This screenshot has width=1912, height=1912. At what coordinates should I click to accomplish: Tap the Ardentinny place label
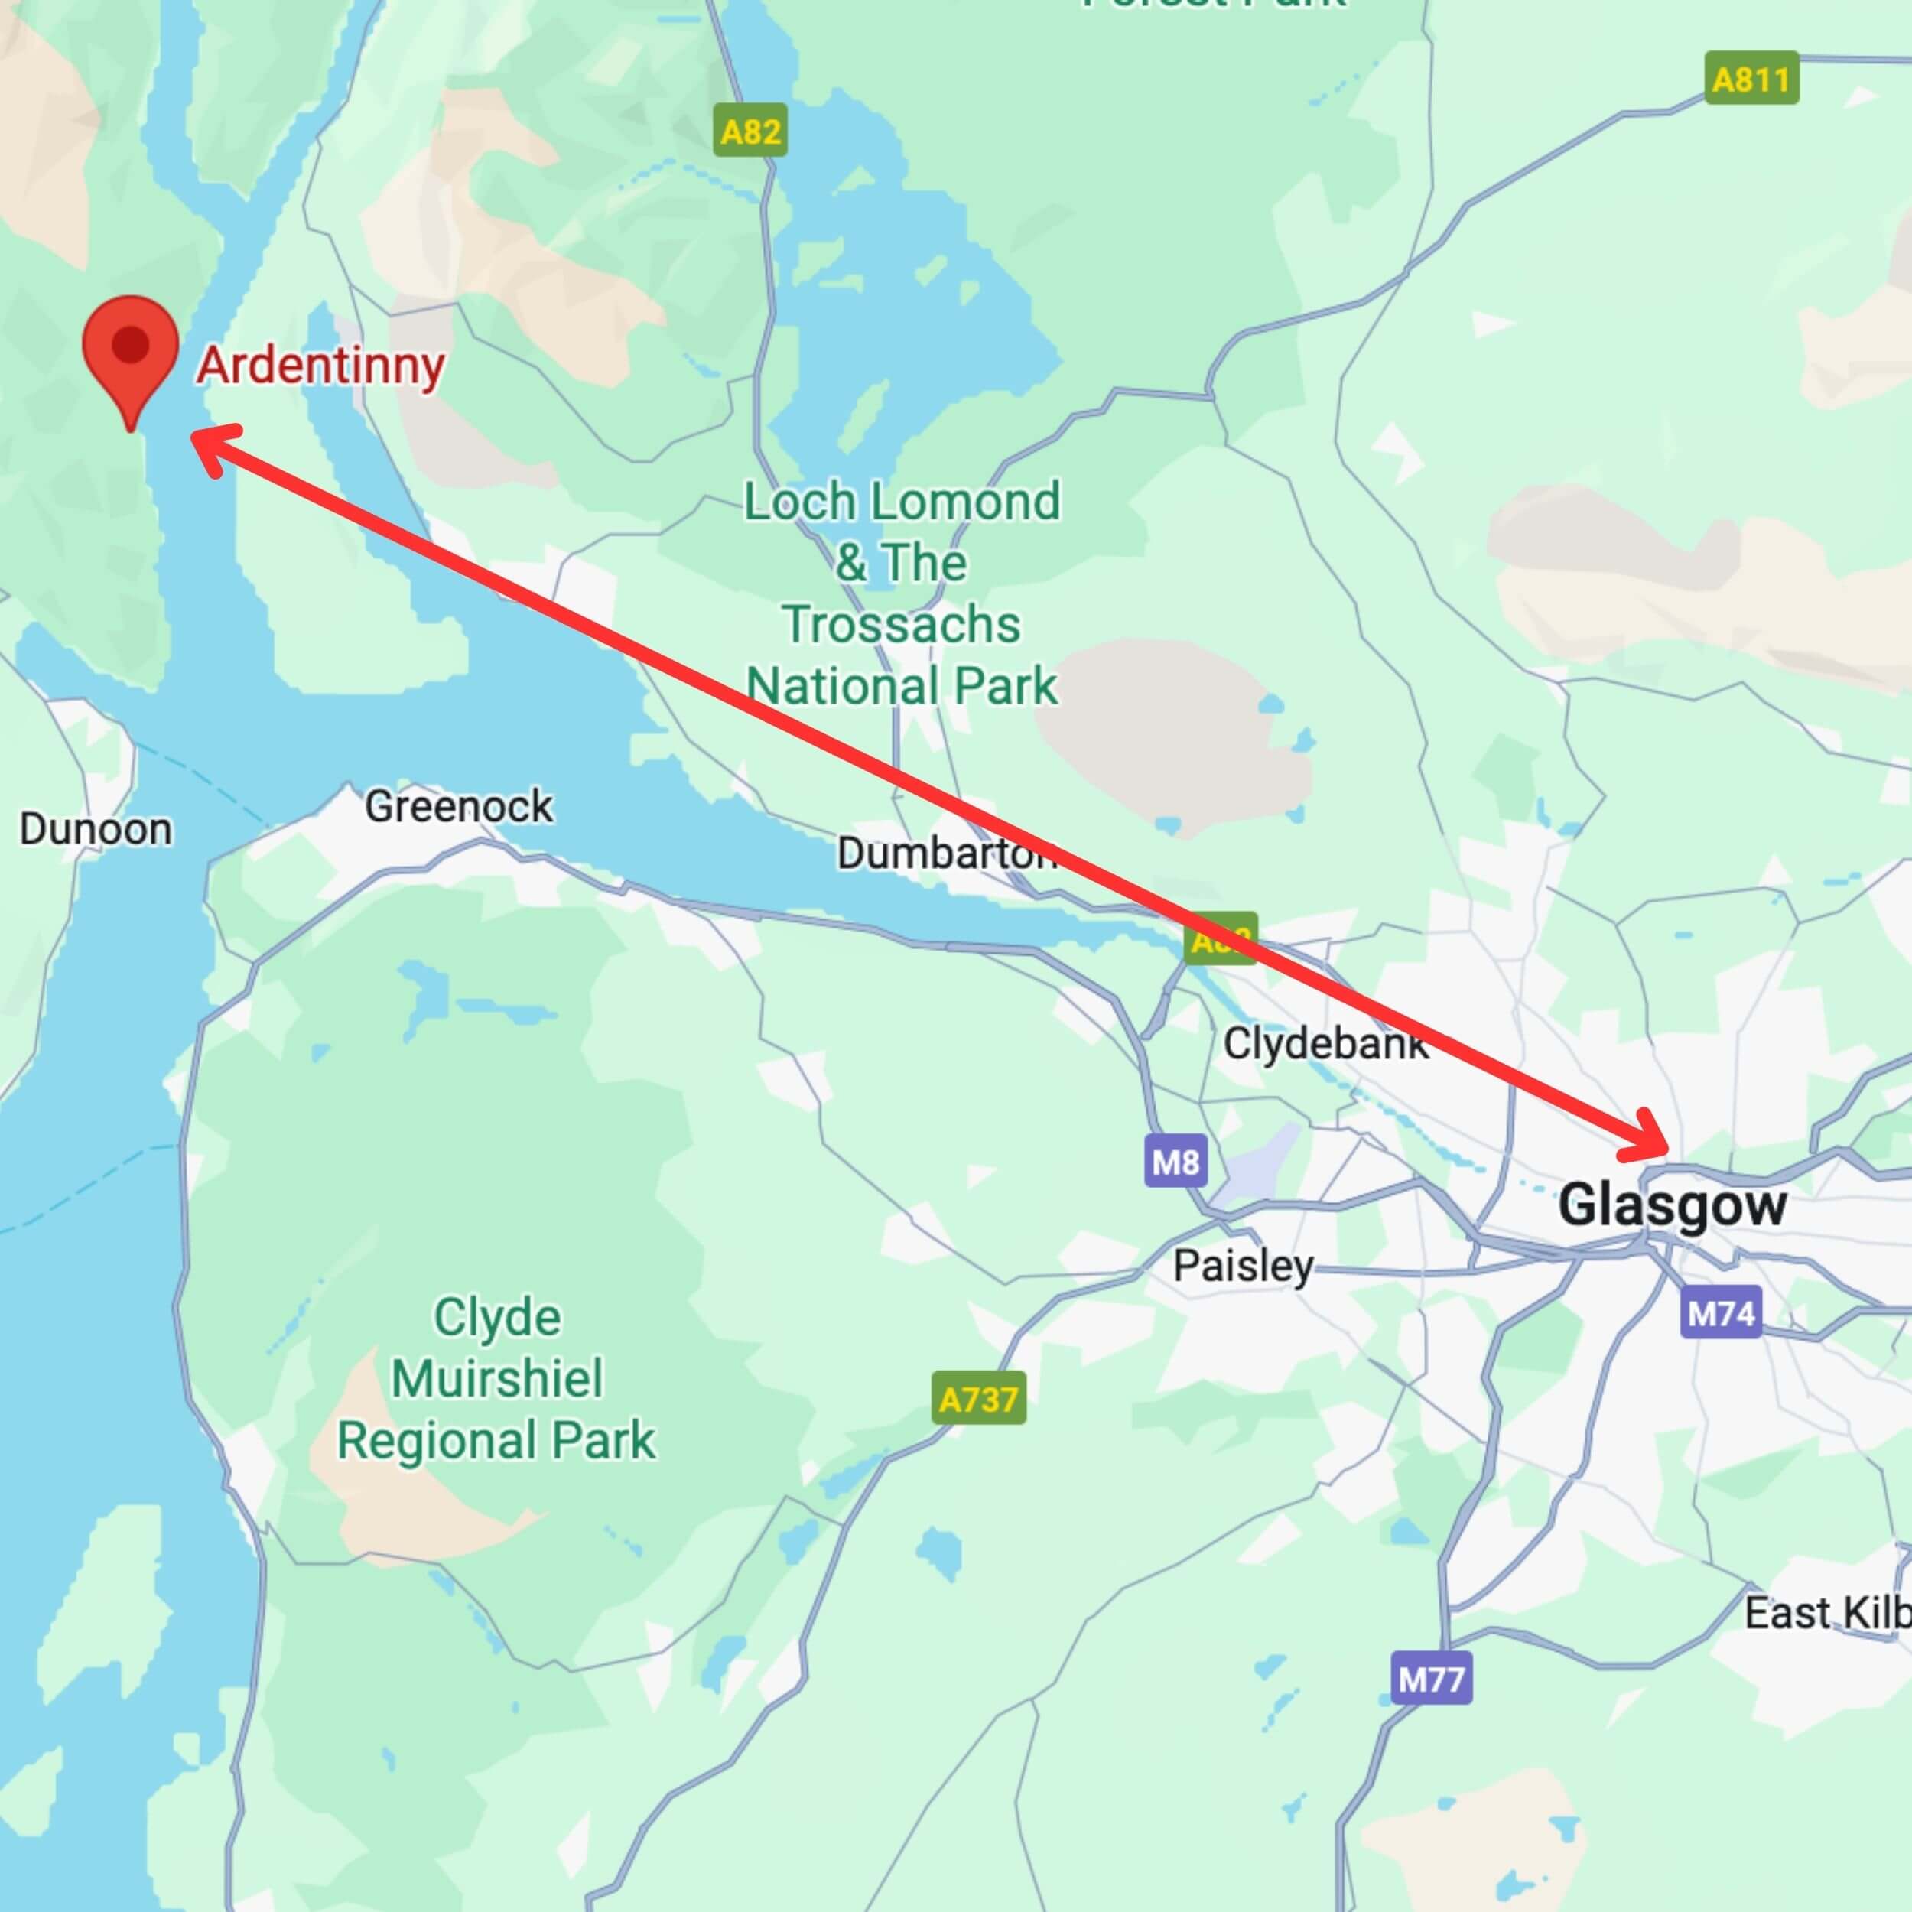(320, 367)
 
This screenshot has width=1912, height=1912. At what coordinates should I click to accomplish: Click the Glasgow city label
(1673, 1205)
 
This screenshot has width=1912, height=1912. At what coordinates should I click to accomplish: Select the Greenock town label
(458, 807)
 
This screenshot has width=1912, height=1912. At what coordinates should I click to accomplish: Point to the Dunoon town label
(96, 829)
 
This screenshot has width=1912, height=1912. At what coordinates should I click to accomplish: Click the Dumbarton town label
(946, 853)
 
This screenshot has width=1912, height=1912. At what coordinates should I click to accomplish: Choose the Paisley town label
(1243, 1265)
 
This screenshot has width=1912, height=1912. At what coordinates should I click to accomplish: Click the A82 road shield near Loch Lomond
(750, 131)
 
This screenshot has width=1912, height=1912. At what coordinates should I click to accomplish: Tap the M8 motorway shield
(1175, 1161)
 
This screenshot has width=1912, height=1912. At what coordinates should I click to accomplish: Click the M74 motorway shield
(1721, 1313)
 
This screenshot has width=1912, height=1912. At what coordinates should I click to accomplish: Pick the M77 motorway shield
(1431, 1680)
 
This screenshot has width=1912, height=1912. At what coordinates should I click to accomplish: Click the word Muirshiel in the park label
(497, 1379)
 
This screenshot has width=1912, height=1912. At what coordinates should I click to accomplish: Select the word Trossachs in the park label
(902, 625)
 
